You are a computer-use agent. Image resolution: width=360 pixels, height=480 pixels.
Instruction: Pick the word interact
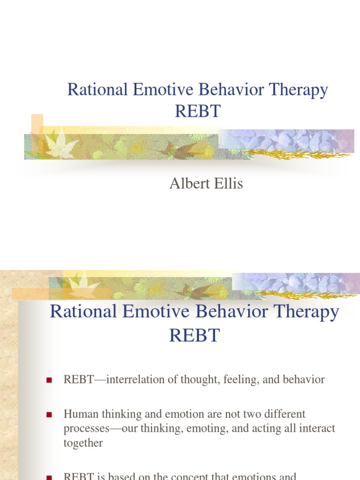[318, 428]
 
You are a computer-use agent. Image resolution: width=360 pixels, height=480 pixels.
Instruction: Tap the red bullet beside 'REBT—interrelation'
[48, 380]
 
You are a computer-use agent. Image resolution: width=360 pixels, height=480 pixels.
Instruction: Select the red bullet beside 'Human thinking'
[48, 414]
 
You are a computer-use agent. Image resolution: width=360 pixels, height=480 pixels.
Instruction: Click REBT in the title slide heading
[197, 112]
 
